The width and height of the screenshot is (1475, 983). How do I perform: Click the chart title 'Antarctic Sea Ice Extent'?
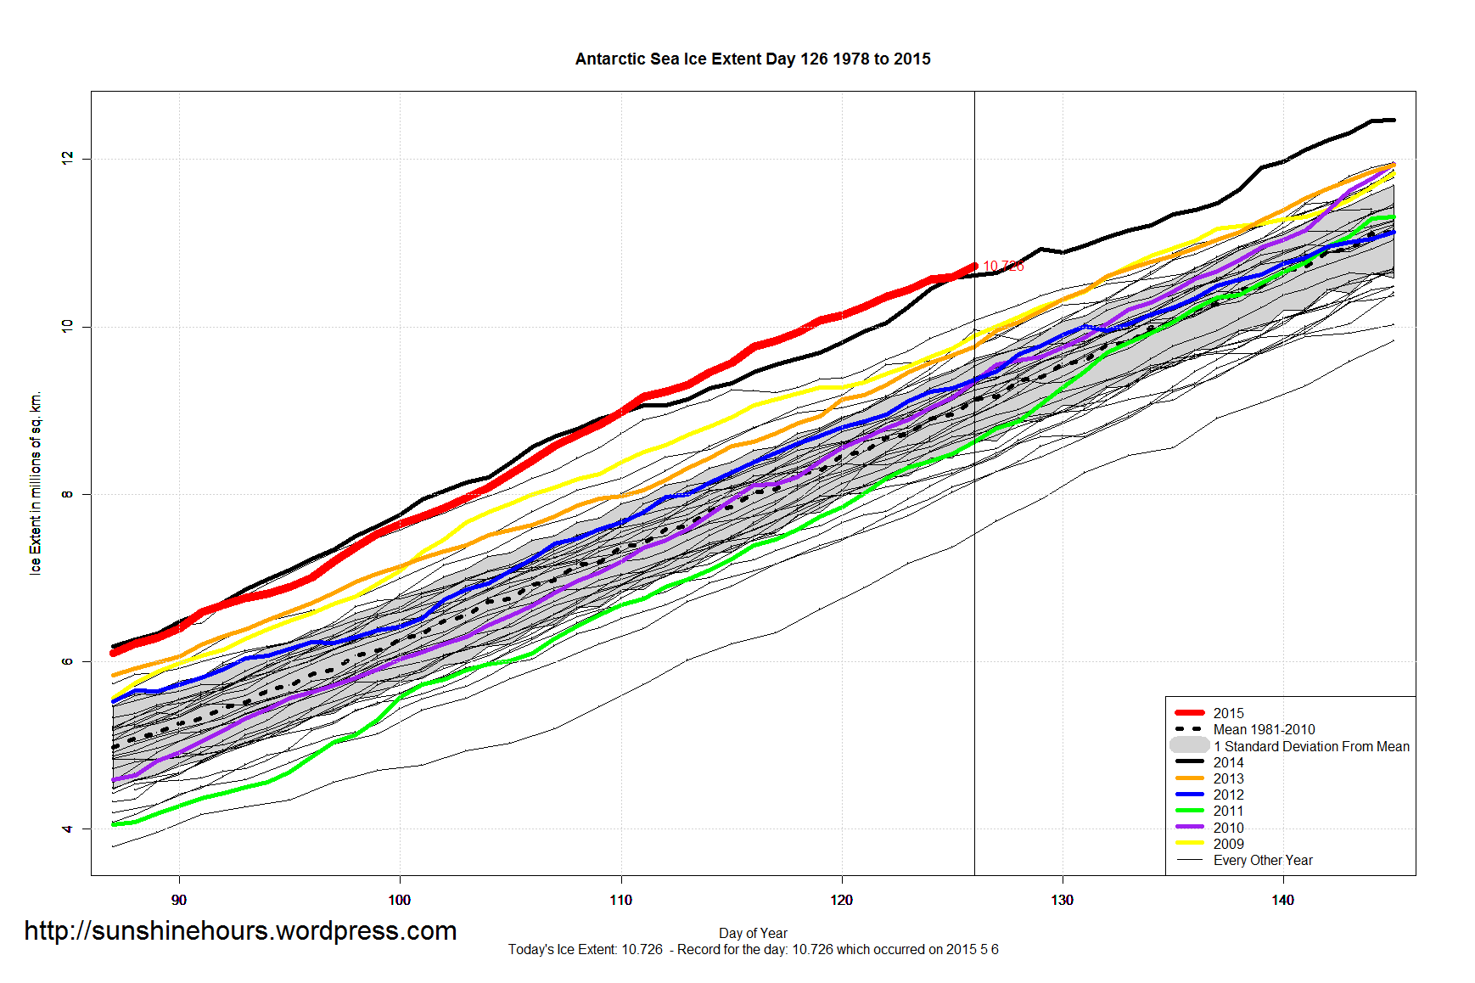(752, 59)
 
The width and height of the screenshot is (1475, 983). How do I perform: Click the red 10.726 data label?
(1003, 267)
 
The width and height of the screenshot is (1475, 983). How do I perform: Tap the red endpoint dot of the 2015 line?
(974, 266)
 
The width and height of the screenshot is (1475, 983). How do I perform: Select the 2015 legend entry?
(1228, 713)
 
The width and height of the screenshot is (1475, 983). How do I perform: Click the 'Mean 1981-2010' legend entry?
(1264, 729)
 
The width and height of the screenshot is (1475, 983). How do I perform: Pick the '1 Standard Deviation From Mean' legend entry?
(1310, 746)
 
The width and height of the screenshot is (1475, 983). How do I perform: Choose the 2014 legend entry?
(1228, 762)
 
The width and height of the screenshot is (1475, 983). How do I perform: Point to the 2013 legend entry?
(1228, 778)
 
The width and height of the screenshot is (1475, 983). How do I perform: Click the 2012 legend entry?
(1228, 795)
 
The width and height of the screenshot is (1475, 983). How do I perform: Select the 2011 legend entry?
(1228, 811)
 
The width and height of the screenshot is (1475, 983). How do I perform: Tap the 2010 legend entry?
(1228, 828)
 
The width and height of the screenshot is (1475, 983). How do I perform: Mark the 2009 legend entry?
(1228, 844)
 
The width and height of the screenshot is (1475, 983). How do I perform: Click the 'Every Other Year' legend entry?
(1262, 860)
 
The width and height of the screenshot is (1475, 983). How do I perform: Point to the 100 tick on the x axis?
(400, 900)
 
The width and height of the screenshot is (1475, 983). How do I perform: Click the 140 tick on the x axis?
(1282, 900)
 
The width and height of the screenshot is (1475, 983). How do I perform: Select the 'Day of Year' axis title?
(753, 933)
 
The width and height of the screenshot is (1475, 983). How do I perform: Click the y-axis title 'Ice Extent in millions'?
(35, 484)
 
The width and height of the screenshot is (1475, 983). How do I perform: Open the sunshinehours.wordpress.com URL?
(240, 931)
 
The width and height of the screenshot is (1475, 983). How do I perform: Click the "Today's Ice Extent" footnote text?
(753, 949)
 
